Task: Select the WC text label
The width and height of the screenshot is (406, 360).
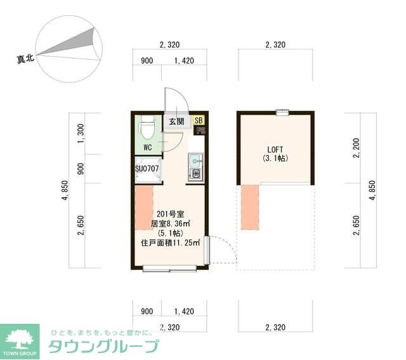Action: click(147, 147)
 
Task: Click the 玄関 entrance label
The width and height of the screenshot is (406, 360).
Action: click(176, 121)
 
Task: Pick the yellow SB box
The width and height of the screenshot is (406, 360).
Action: click(199, 120)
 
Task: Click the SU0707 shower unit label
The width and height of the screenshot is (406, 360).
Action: click(147, 170)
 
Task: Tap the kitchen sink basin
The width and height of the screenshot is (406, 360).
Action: click(195, 160)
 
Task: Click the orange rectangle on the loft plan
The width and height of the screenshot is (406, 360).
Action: click(250, 206)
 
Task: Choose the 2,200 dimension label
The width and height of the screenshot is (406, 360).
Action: click(357, 149)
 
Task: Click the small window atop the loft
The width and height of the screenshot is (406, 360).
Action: click(282, 113)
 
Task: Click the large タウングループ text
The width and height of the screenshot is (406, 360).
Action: click(103, 347)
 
